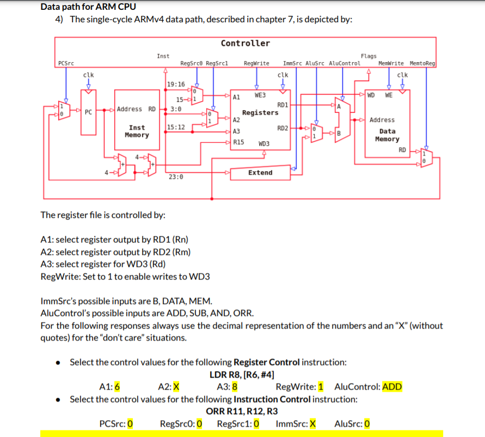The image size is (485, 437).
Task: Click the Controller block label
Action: point(245,43)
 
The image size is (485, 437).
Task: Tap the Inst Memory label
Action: point(137,131)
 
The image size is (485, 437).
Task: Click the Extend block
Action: point(260,173)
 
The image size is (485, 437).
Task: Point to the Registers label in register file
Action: point(260,113)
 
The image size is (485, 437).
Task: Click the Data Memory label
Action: point(387,135)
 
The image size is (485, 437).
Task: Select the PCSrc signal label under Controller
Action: point(66,63)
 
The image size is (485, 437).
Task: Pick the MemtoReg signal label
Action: point(422,63)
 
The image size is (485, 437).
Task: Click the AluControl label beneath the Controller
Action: point(345,63)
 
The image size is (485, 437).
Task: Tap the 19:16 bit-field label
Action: point(176,84)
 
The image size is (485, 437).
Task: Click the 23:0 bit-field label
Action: point(176,177)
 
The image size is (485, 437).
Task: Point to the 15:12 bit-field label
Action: point(176,127)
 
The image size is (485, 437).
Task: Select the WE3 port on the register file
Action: point(260,95)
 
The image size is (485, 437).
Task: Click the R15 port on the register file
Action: point(238,142)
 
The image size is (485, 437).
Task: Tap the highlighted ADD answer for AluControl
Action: point(392,387)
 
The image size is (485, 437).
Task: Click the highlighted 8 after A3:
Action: point(234,387)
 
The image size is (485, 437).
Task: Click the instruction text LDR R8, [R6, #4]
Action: point(242,375)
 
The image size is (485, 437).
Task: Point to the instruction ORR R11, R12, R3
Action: point(242,411)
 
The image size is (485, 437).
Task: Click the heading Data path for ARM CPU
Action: point(88,7)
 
